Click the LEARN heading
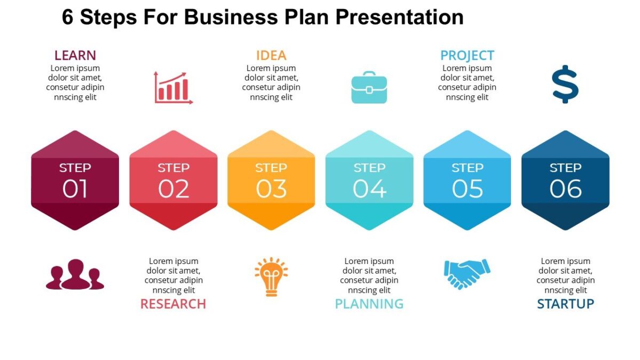75,55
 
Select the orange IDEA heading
271,55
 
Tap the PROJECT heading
467,55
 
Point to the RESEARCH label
173,304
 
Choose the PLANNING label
369,304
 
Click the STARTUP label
565,304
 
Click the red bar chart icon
173,87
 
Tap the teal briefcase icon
369,87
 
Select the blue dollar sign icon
565,84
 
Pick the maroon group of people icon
75,275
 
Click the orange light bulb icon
271,276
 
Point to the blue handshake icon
467,274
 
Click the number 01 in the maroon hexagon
75,189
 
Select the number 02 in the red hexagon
173,189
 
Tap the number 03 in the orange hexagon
271,189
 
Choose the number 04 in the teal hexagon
369,189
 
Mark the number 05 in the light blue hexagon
467,189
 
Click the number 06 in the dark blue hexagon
565,189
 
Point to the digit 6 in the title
68,18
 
